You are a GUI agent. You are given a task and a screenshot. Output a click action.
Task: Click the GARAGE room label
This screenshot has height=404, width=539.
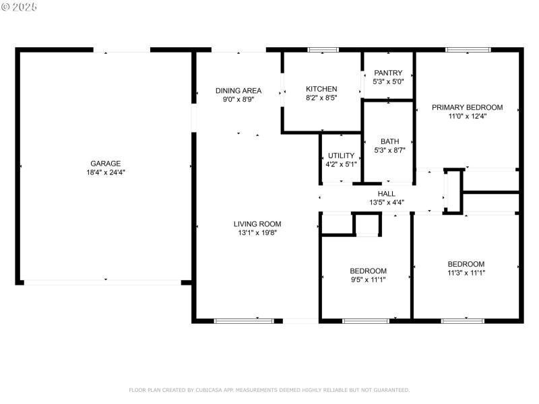click(106, 163)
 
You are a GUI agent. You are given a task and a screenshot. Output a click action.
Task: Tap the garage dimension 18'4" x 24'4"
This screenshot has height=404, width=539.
click(106, 172)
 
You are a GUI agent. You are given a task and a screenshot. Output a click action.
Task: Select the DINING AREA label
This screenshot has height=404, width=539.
click(239, 91)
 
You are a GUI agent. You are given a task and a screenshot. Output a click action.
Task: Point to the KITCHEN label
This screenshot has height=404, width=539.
click(321, 89)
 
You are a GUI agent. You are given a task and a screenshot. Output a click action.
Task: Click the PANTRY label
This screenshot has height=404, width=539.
click(388, 73)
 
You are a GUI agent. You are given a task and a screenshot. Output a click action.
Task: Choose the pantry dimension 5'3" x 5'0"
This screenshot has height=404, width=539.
click(388, 81)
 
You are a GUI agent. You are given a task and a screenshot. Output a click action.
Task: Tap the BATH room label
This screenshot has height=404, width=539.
click(389, 141)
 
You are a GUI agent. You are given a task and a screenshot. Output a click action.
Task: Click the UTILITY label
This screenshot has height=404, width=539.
click(341, 156)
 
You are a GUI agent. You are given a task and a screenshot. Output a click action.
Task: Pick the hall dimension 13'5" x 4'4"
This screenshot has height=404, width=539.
click(386, 202)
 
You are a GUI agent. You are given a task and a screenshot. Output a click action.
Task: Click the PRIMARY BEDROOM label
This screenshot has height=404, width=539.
click(467, 107)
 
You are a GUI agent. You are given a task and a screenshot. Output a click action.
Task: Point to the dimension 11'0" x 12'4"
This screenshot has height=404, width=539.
click(467, 116)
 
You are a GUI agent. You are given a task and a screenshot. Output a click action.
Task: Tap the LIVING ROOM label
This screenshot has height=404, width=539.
click(257, 224)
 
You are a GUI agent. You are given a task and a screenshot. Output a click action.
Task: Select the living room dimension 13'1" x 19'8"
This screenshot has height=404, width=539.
click(257, 233)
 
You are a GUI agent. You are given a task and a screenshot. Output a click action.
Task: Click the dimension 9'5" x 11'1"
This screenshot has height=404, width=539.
click(369, 280)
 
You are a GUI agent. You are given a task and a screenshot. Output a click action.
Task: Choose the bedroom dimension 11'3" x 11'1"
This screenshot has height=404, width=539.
click(466, 273)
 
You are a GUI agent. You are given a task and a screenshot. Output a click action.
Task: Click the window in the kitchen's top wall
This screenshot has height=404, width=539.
click(322, 50)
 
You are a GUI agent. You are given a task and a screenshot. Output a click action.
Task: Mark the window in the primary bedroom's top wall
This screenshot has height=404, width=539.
click(468, 50)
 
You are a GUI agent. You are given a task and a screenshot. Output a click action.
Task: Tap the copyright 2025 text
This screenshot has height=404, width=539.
click(20, 6)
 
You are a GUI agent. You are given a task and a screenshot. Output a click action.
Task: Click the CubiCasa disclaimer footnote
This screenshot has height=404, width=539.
click(269, 390)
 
